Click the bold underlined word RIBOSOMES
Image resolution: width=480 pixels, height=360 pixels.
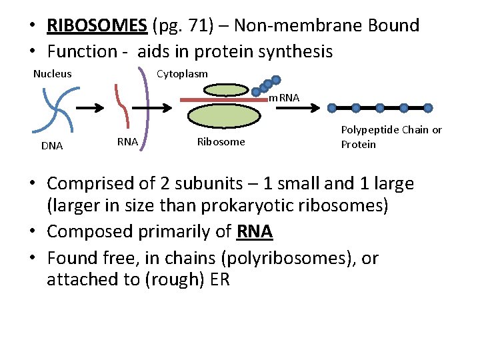pos(97,26)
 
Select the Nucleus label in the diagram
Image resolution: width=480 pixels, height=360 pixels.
pos(53,73)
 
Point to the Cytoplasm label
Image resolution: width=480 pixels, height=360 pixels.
pos(182,73)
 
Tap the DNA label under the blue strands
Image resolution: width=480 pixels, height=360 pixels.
pos(51,146)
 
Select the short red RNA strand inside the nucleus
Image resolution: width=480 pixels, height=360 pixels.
pos(121,105)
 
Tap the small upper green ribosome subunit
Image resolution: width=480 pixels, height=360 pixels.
pos(227,89)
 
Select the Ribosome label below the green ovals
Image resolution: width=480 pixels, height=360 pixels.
pos(221,141)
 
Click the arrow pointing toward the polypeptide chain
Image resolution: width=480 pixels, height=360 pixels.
pos(308,107)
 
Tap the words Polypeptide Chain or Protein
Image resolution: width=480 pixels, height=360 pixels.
pos(391,137)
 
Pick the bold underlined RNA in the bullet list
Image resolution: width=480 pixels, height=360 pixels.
pos(254,231)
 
